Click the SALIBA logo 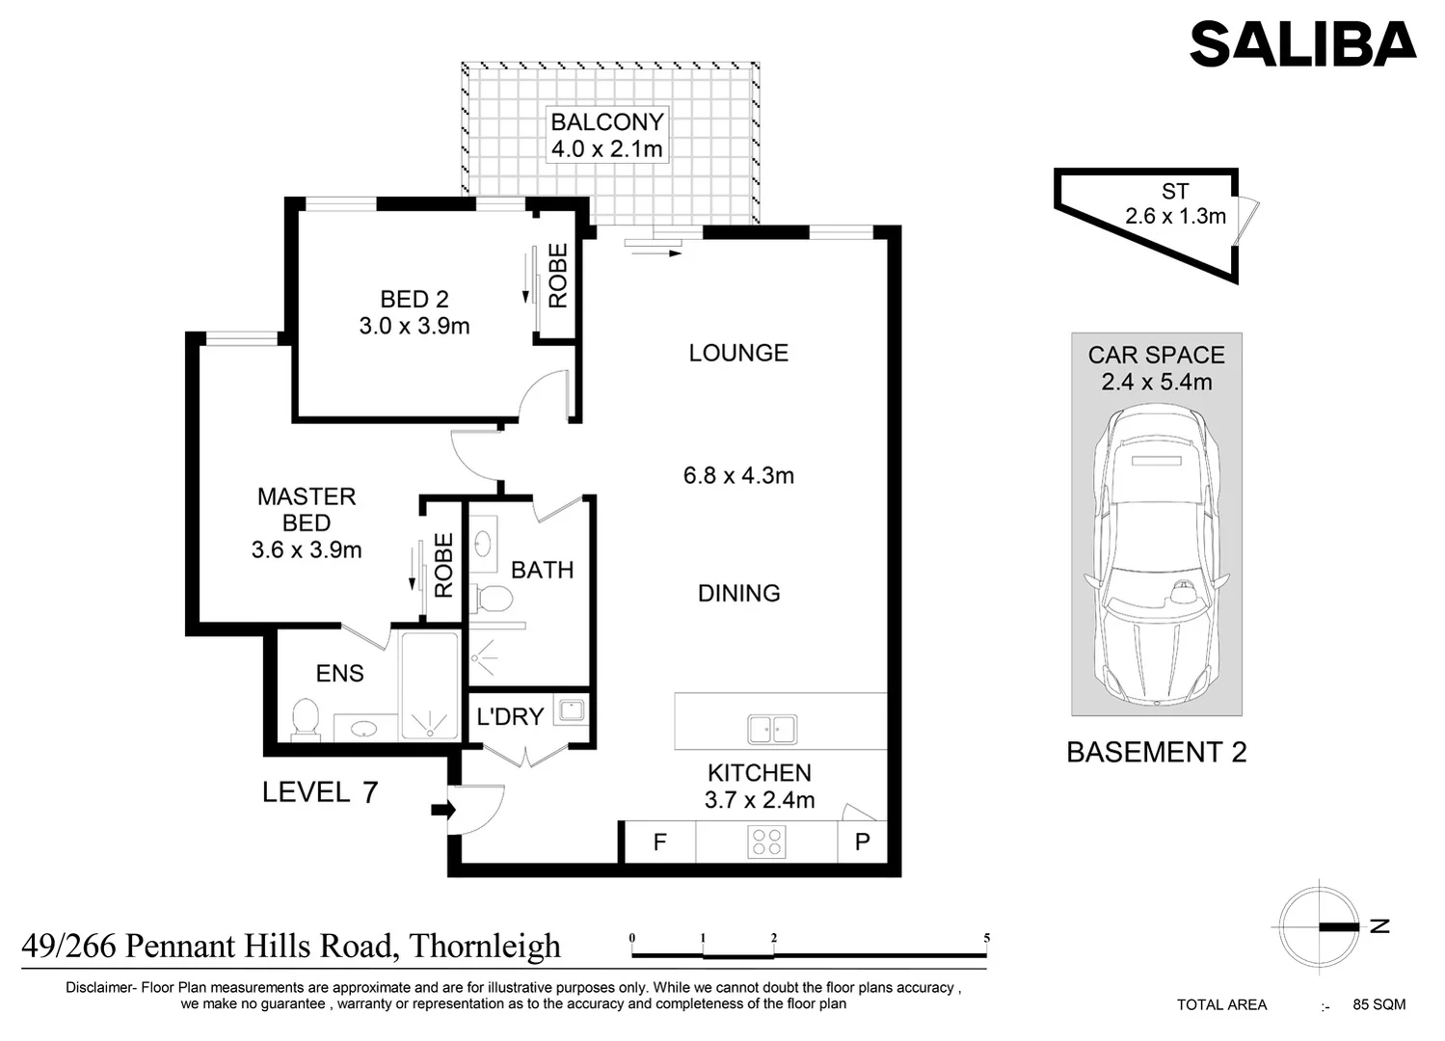[1302, 44]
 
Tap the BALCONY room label [606, 122]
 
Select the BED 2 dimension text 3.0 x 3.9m [415, 327]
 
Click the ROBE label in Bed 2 [558, 276]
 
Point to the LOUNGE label [738, 353]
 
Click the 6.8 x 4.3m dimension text [738, 475]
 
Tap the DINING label [738, 593]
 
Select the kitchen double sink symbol [772, 730]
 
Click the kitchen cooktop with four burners [766, 841]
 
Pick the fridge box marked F [659, 842]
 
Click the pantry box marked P [862, 842]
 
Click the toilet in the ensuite [306, 720]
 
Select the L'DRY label [510, 716]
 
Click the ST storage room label [1175, 192]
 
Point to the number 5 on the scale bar [986, 938]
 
